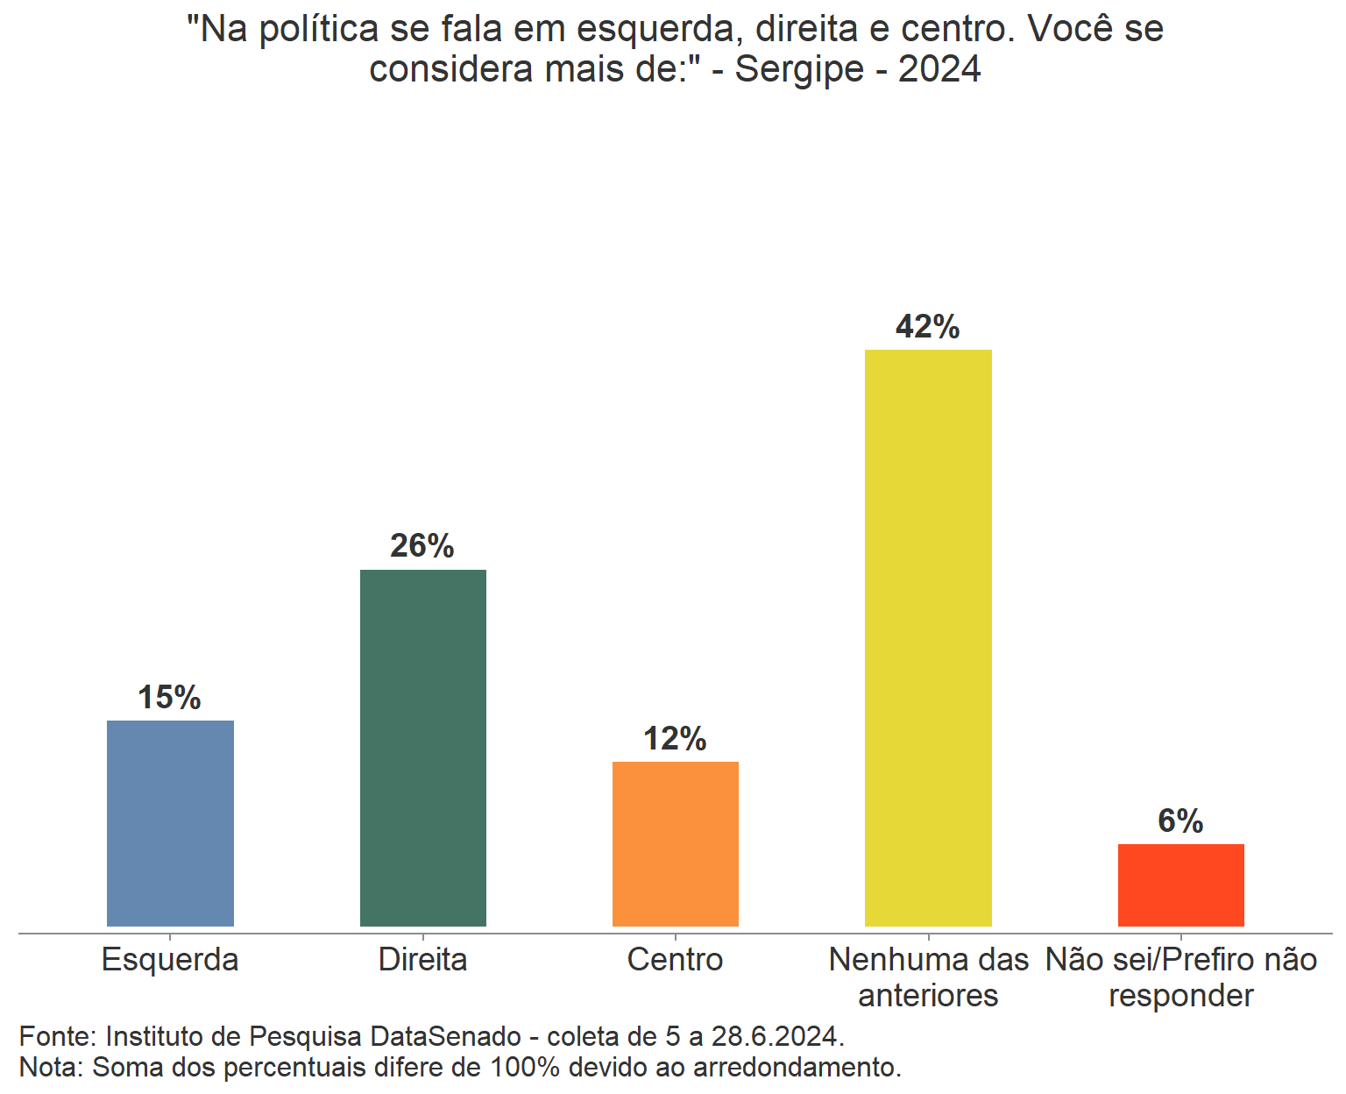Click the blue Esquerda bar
point(170,823)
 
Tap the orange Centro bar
point(675,843)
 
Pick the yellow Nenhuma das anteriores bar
point(928,637)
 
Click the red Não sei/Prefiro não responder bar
point(1180,884)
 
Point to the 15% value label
point(169,698)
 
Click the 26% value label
point(422,546)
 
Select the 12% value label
point(675,739)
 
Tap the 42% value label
point(928,327)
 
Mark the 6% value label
point(1180,821)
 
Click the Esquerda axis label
point(170,960)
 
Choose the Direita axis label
point(422,960)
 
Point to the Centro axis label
point(675,960)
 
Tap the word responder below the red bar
point(1180,996)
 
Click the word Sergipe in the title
point(799,69)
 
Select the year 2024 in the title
point(939,69)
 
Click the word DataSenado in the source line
point(446,1036)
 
